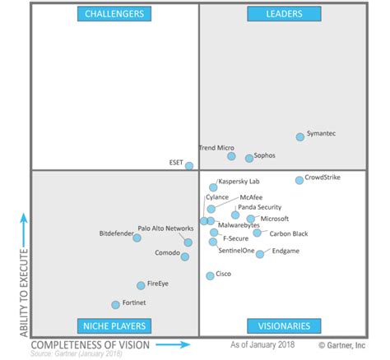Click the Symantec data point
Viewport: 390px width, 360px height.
[300, 137]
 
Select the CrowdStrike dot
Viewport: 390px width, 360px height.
[299, 180]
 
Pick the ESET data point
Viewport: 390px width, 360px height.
[189, 166]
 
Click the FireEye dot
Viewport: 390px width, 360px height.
[141, 286]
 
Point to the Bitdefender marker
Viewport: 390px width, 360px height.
[137, 238]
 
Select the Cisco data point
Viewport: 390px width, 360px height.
[210, 276]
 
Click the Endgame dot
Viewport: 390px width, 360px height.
[260, 254]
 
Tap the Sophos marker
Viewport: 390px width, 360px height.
[248, 159]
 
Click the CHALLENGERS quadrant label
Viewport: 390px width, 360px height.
[114, 14]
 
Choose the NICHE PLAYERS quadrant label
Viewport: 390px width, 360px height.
[114, 325]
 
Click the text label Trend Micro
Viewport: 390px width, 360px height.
[217, 148]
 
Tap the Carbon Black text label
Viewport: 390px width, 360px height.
[288, 233]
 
